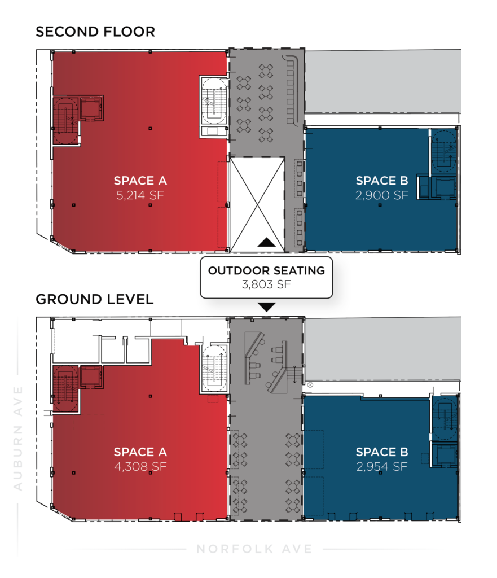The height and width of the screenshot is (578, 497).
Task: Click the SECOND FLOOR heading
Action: [x=95, y=32]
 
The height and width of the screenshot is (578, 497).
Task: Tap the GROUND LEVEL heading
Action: [x=95, y=299]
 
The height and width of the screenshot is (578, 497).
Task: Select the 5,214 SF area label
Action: [x=140, y=195]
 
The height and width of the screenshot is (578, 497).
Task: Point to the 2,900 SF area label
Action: [x=382, y=195]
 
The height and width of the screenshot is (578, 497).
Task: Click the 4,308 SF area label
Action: [x=140, y=467]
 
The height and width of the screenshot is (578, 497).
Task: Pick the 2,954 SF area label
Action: [x=382, y=467]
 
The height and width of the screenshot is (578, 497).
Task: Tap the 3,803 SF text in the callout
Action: [x=266, y=284]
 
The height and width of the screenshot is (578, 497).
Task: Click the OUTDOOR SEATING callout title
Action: [x=266, y=270]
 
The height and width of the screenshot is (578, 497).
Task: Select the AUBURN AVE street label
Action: [x=17, y=438]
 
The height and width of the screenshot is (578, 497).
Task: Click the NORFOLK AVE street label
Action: [x=254, y=549]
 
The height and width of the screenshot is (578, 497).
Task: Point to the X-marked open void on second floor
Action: [x=257, y=204]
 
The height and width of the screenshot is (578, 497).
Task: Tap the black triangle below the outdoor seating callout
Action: [x=266, y=307]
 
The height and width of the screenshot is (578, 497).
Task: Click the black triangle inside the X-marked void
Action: [x=266, y=242]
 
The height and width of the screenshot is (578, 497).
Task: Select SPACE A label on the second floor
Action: [x=140, y=181]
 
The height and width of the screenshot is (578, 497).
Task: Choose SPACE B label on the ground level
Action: [x=382, y=452]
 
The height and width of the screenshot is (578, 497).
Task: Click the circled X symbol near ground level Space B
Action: [x=310, y=385]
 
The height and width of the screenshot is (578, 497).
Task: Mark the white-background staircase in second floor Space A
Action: [x=214, y=101]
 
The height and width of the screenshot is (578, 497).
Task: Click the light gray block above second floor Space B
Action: [x=383, y=81]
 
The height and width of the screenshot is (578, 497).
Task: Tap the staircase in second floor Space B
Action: [x=444, y=150]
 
